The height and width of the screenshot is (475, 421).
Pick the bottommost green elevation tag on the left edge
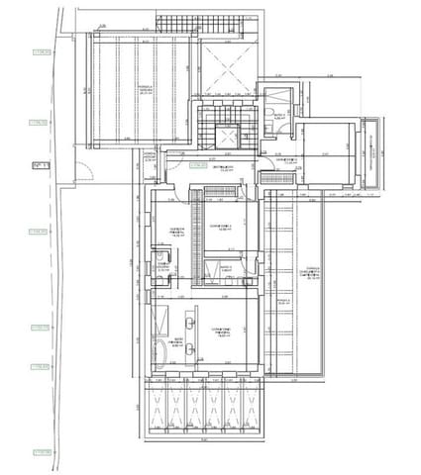tap(41, 452)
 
